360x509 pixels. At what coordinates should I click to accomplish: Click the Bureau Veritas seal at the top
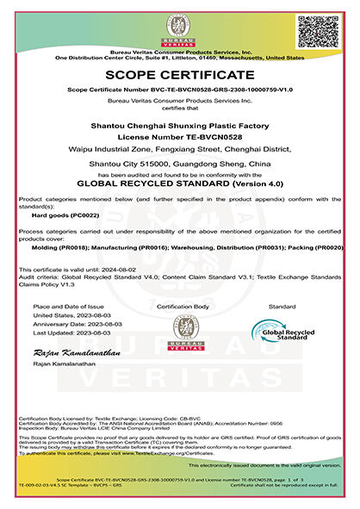(x=180, y=28)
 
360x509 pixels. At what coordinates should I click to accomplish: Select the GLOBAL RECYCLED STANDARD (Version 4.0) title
(x=180, y=183)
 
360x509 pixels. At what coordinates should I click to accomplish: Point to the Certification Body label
(x=181, y=307)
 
